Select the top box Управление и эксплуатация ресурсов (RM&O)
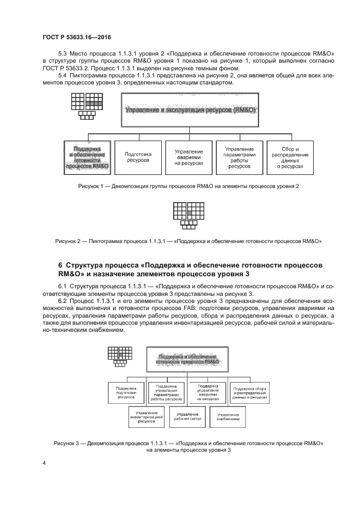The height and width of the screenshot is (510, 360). pos(190,110)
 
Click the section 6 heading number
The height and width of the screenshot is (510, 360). pos(60,265)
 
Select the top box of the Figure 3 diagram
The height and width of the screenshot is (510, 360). pos(187,358)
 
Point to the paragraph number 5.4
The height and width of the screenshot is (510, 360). pos(64,76)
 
